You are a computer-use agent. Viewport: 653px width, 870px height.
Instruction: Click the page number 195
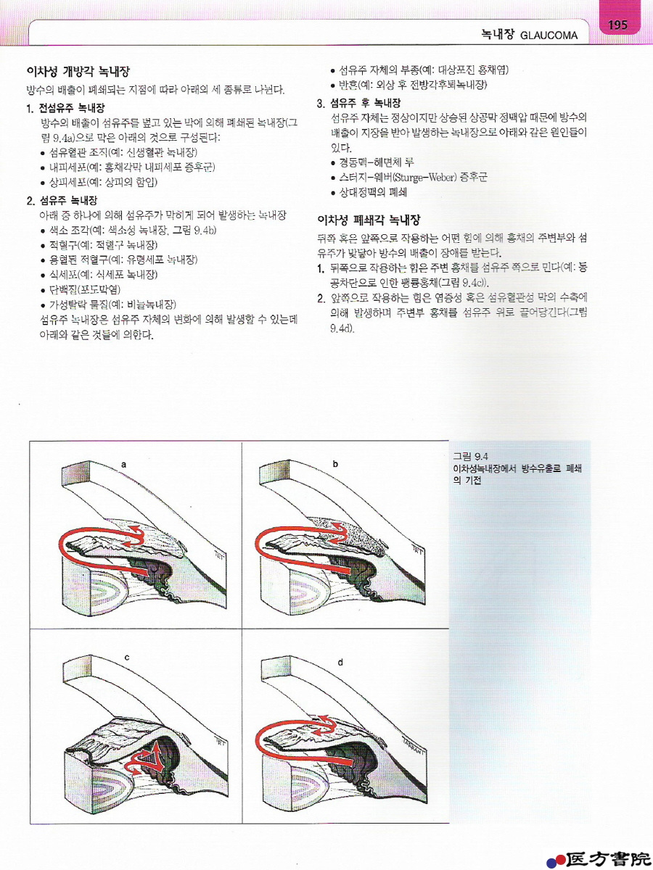(x=617, y=25)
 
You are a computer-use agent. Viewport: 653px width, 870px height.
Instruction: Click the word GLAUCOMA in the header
(x=549, y=36)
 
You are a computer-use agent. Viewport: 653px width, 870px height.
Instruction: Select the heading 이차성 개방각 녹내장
(x=78, y=71)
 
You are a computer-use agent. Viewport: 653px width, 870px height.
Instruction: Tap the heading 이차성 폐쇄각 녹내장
(x=369, y=220)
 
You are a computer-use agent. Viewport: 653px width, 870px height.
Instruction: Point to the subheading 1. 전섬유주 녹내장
(x=65, y=108)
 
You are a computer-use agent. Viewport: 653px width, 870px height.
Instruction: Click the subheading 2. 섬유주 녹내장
(x=62, y=200)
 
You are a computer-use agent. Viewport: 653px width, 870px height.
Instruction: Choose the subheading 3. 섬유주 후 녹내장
(x=359, y=104)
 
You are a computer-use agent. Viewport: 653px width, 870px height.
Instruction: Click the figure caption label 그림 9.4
(x=470, y=456)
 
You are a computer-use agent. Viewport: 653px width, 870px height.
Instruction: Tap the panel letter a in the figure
(x=124, y=465)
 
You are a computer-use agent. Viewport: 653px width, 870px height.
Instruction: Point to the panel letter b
(x=335, y=464)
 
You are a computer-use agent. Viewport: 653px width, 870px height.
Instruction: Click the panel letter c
(x=126, y=658)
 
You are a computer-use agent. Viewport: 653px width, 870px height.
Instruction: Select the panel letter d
(x=340, y=662)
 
